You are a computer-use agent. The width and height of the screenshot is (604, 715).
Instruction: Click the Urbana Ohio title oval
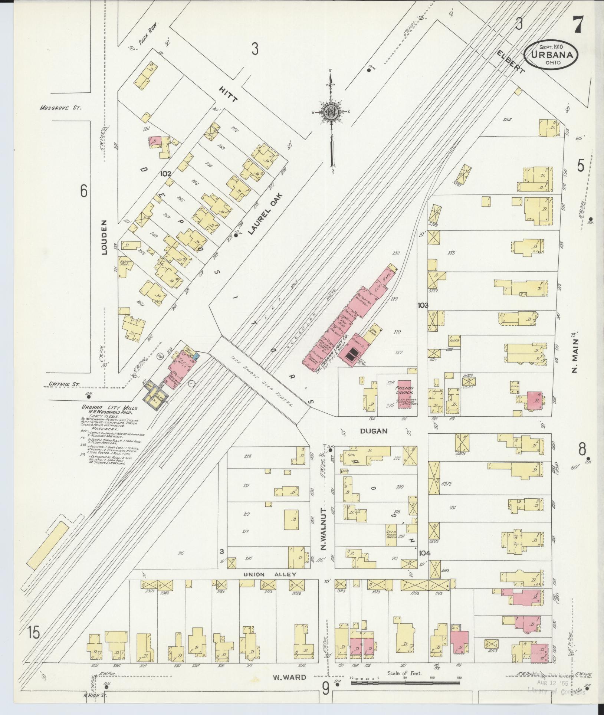[x=551, y=55]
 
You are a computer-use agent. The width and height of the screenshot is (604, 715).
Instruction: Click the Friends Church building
[x=405, y=394]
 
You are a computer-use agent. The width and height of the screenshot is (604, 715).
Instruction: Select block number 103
[x=423, y=305]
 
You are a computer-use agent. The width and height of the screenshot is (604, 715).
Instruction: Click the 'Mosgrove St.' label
[x=60, y=108]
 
